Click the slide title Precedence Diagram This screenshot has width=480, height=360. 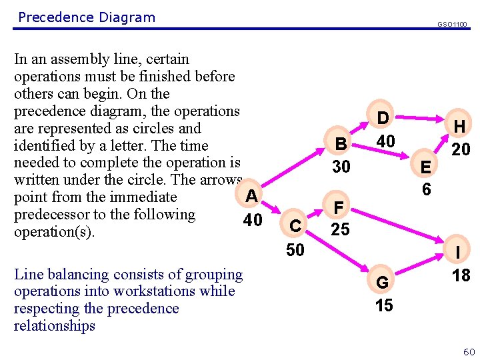click(x=87, y=17)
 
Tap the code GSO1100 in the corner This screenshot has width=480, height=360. click(x=452, y=24)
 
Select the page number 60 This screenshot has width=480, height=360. click(x=469, y=351)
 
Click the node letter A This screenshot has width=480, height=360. click(x=251, y=195)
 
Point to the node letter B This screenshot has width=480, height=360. click(x=341, y=144)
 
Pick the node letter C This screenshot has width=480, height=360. click(x=294, y=227)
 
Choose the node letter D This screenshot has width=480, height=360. click(x=383, y=118)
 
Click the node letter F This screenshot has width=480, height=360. click(x=339, y=209)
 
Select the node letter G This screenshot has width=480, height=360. click(x=383, y=283)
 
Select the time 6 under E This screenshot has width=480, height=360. click(x=427, y=189)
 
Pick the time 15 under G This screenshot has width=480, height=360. click(x=384, y=305)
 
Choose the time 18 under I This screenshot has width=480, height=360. click(x=461, y=275)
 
